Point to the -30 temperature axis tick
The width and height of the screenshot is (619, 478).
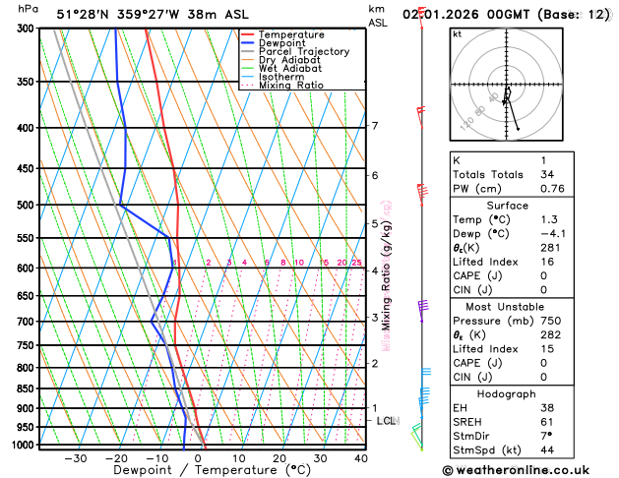click(76, 457)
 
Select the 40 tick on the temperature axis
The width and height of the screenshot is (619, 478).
click(361, 457)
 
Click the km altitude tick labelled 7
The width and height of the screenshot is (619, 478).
click(375, 126)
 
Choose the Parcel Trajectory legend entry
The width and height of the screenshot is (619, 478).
click(303, 51)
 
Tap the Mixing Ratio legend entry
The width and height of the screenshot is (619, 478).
click(290, 86)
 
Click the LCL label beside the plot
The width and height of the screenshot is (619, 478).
click(387, 421)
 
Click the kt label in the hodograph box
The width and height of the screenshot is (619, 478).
click(457, 33)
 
